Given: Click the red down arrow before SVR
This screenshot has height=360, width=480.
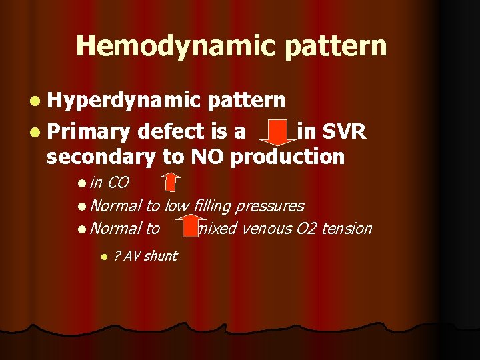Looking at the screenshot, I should coord(273,133).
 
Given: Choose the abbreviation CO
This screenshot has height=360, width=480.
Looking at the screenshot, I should coord(117,183).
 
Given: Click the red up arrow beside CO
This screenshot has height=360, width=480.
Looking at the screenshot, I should coord(171,182).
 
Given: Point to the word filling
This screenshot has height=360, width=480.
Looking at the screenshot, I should coord(215,206).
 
